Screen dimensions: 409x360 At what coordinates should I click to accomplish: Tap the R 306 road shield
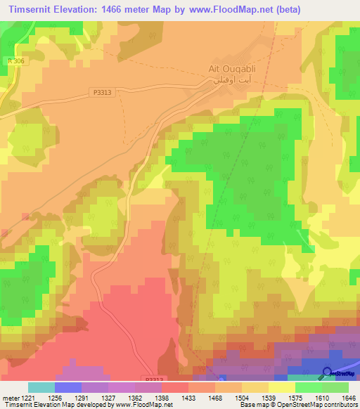point(9,61)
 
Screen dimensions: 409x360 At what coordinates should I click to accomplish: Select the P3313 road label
point(103,92)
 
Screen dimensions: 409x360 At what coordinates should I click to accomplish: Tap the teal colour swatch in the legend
point(41,387)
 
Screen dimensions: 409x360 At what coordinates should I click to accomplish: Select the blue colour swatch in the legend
point(68,387)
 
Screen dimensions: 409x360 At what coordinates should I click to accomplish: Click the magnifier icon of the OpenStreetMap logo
point(327,372)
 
